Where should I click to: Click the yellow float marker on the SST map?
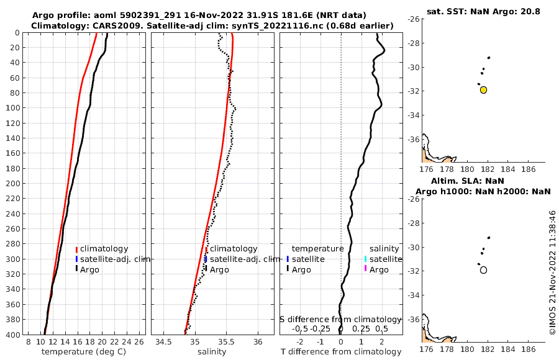483,90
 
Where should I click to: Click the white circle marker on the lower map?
483,270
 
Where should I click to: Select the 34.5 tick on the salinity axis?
164,342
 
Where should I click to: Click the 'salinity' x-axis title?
212,352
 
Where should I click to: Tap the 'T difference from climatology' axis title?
341,352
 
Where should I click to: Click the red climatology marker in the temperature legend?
76,249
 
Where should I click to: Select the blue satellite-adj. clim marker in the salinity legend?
206,259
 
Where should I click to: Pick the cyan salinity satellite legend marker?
366,259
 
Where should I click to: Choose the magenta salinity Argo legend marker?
366,269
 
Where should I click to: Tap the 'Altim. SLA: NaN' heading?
477,181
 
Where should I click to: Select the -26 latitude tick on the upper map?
412,19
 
